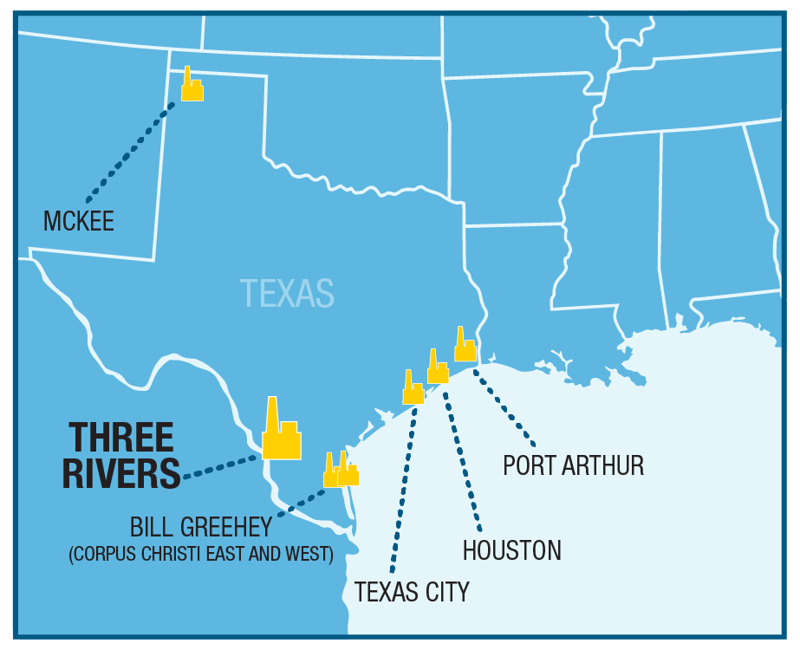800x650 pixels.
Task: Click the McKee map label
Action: [x=79, y=221]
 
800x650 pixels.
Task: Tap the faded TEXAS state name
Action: [x=287, y=293]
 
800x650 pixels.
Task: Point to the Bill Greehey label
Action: [x=201, y=527]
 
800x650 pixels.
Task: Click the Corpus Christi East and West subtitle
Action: [x=201, y=554]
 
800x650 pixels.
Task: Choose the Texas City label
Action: [x=412, y=592]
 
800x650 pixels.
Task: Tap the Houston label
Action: [x=511, y=549]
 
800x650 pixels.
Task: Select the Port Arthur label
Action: [x=574, y=465]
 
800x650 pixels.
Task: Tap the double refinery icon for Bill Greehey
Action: [x=341, y=471]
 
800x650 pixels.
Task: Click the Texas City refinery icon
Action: [x=413, y=390]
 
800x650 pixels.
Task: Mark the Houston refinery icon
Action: [x=438, y=369]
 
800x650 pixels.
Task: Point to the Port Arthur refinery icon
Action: [x=465, y=348]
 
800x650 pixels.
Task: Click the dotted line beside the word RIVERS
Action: [x=221, y=465]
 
